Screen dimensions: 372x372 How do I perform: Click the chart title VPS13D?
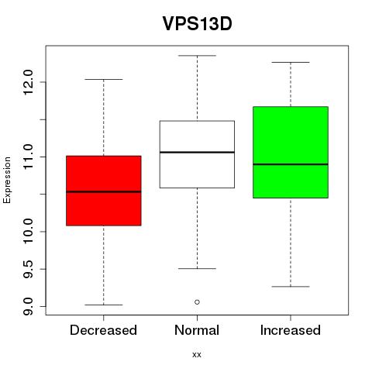(x=197, y=23)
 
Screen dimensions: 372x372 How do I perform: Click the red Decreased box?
(x=104, y=191)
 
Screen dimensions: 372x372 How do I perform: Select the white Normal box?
(x=197, y=154)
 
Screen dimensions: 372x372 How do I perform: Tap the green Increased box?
(x=291, y=152)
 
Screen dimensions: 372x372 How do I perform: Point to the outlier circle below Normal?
(x=197, y=302)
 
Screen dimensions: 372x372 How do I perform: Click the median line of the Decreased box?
(x=104, y=191)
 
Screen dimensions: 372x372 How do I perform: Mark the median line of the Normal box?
(x=197, y=152)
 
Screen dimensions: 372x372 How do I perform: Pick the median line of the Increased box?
(x=291, y=164)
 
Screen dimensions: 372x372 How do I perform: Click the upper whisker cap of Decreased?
(x=104, y=79)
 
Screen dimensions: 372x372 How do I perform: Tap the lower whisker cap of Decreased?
(x=104, y=305)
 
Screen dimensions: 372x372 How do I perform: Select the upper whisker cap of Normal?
(x=197, y=56)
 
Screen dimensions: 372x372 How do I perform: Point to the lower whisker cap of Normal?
(x=197, y=269)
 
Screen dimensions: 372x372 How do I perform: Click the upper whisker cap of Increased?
(x=291, y=62)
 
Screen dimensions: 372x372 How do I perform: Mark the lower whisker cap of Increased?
(x=291, y=287)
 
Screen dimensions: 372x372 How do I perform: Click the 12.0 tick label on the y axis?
(x=28, y=82)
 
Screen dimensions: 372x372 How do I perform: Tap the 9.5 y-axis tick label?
(x=28, y=269)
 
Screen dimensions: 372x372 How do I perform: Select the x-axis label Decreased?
(x=103, y=330)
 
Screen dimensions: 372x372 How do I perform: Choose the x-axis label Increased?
(x=291, y=330)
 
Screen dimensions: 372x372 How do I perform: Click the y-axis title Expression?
(x=7, y=180)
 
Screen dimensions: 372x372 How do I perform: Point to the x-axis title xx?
(x=197, y=355)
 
